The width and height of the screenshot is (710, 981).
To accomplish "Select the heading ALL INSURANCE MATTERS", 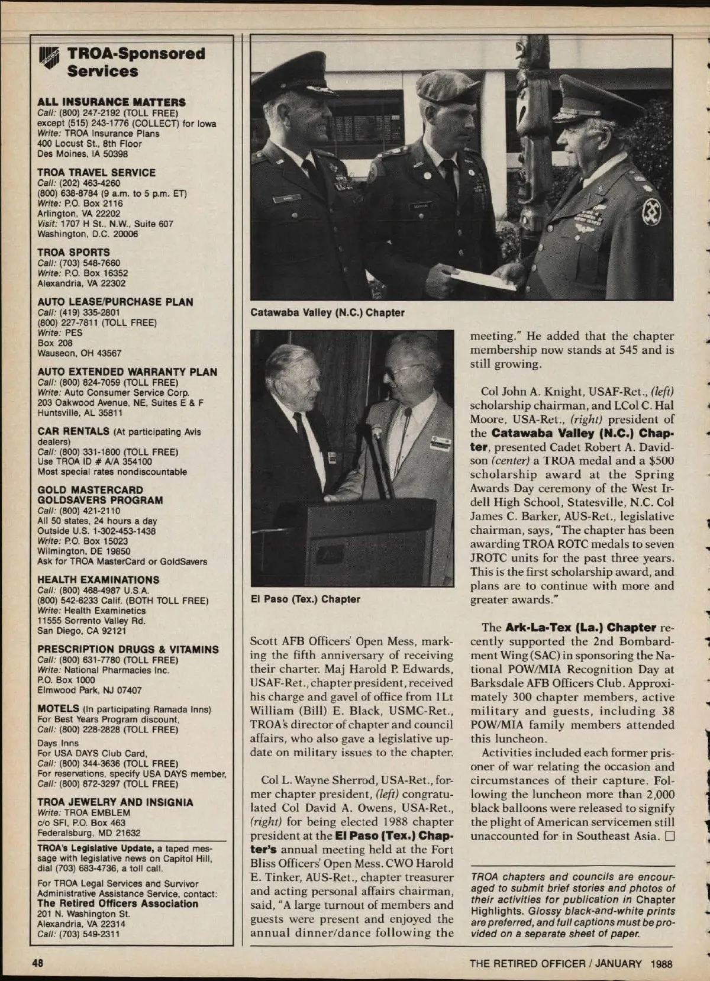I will (111, 102).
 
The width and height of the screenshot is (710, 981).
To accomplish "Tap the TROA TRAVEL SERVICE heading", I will (96, 173).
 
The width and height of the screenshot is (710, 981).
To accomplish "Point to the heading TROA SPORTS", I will (73, 253).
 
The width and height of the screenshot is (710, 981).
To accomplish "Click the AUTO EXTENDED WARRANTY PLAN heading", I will (127, 372).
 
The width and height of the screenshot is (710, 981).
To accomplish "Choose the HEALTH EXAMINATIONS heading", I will (98, 580).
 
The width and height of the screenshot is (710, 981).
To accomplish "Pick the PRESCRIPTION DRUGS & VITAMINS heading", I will (128, 650).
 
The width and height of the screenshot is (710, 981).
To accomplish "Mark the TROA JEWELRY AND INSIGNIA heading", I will (115, 802).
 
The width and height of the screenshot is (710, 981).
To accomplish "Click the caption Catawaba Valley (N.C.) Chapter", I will (327, 312).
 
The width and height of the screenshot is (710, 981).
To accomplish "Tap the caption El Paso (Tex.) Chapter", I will (305, 599).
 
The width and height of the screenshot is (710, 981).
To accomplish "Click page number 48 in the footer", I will (38, 963).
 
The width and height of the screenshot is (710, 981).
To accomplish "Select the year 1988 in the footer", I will (660, 963).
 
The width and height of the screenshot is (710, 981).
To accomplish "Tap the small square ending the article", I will (670, 836).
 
